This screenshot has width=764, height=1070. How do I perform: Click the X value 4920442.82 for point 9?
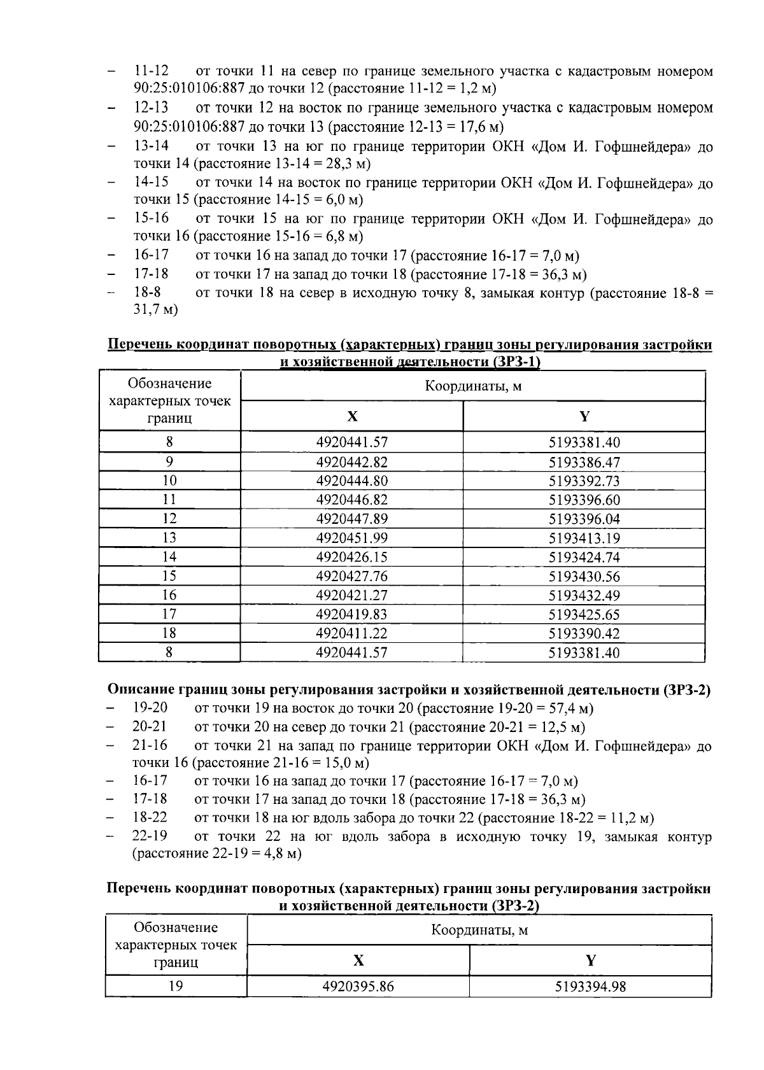[x=351, y=462]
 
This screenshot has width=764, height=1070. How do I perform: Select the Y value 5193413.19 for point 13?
[x=584, y=539]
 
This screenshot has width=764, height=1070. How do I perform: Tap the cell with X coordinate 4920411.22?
[x=351, y=633]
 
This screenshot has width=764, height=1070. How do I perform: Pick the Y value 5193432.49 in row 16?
[x=584, y=596]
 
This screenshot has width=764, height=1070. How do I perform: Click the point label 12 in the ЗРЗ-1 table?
[x=169, y=519]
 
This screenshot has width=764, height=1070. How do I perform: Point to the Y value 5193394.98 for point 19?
[x=590, y=987]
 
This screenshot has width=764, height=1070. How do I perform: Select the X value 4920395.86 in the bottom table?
[x=358, y=987]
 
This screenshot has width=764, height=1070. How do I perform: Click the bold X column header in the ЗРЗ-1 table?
[x=352, y=416]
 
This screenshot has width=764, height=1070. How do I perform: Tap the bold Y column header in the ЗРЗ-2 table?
[x=590, y=961]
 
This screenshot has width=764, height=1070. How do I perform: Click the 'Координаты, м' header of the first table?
[x=473, y=386]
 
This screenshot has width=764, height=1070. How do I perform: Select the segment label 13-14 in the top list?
[x=151, y=145]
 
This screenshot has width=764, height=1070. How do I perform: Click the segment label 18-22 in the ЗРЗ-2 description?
[x=150, y=817]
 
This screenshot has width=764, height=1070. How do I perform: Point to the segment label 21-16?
[x=150, y=745]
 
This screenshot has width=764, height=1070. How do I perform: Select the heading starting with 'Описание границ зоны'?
[x=408, y=690]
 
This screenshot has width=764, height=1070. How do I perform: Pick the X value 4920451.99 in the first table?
[x=351, y=539]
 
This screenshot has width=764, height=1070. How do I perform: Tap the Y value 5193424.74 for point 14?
[x=584, y=558]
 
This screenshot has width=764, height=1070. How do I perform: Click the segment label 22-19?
[x=150, y=836]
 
